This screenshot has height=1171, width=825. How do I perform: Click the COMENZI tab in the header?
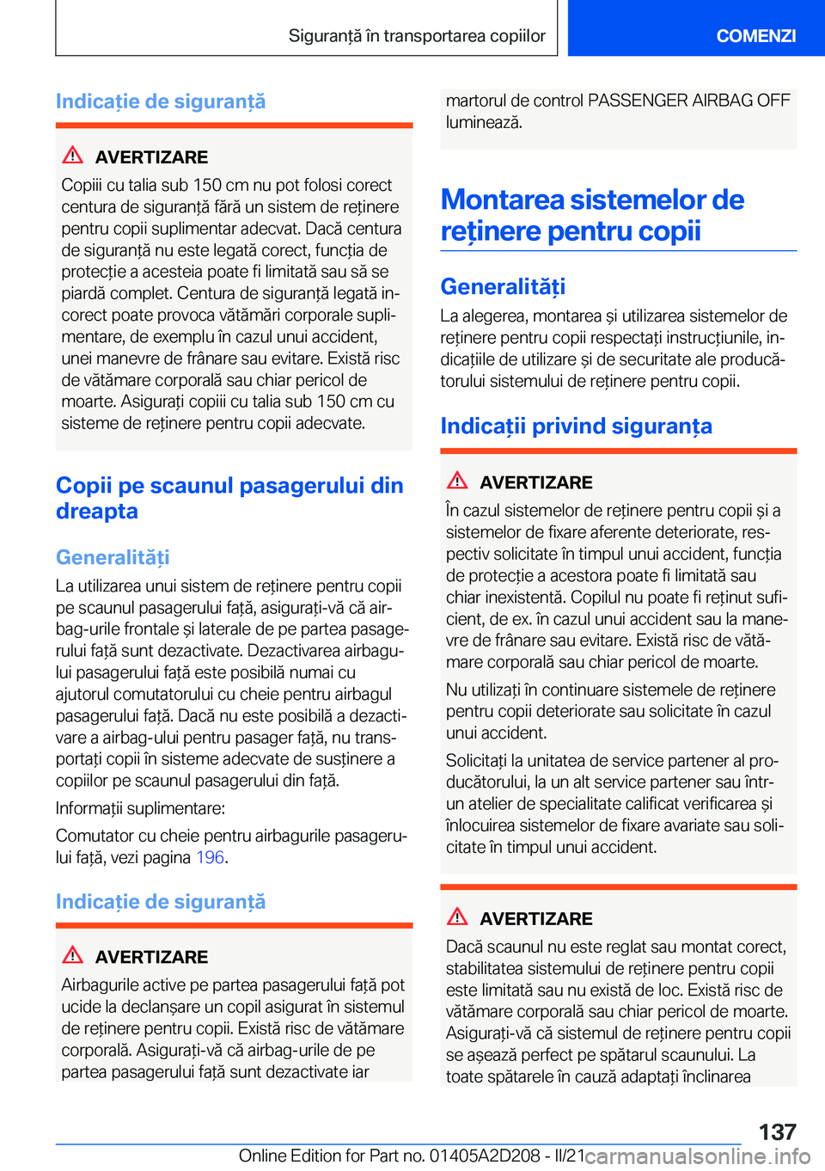(755, 35)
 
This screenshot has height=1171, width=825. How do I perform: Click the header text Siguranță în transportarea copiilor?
(417, 35)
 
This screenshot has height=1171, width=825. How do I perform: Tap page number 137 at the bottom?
(777, 1131)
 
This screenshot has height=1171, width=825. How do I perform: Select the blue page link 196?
(210, 857)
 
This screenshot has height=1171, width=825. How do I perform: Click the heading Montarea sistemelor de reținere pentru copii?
(592, 215)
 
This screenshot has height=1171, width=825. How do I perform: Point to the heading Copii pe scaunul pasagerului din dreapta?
(229, 498)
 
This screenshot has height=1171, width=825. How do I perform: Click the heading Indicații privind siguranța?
(576, 426)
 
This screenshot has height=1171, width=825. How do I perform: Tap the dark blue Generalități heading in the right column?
(503, 286)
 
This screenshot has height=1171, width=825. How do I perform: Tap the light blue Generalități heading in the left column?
(113, 557)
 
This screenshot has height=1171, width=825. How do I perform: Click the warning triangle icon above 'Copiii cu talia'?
(73, 156)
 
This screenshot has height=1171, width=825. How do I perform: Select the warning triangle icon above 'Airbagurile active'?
(73, 955)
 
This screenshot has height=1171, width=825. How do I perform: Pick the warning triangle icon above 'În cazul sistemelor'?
(457, 481)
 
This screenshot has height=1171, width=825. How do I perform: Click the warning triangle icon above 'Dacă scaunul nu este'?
(457, 917)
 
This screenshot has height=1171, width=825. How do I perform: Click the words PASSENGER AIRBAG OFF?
(688, 101)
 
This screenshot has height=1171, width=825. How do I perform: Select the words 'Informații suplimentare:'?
(140, 808)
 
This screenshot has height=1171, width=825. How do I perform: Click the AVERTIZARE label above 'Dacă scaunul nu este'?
(536, 919)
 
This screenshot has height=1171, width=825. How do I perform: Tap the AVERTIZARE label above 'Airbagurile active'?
(151, 957)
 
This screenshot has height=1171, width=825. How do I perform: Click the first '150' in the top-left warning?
(207, 185)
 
